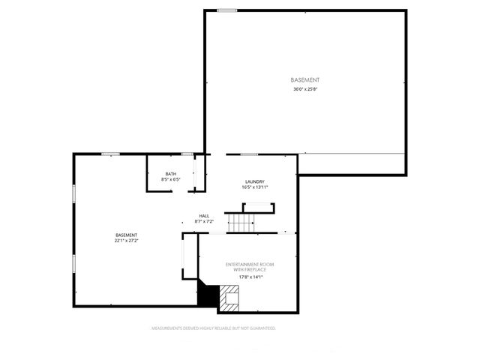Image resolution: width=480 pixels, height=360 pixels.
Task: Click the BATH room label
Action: tap(171, 174)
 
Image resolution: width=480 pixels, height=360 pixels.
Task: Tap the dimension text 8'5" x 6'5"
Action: tap(171, 180)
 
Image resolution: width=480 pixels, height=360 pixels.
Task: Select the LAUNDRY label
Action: tap(255, 181)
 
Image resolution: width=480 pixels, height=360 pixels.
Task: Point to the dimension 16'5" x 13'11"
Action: tap(255, 187)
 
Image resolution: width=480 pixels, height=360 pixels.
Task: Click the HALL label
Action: tap(204, 215)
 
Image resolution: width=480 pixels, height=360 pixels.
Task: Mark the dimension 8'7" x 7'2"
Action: tap(204, 221)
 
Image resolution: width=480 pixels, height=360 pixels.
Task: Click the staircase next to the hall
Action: tap(242, 222)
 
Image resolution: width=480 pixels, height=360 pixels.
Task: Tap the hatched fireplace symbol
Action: tap(229, 298)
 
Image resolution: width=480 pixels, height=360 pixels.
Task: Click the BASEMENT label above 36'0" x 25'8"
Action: tap(305, 79)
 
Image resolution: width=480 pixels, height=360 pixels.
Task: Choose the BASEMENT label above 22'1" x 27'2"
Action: tap(126, 235)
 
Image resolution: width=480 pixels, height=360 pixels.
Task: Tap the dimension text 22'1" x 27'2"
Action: tap(126, 241)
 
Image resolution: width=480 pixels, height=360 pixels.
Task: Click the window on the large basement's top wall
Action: tap(227, 10)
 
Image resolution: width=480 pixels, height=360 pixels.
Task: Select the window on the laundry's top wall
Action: tap(249, 154)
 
